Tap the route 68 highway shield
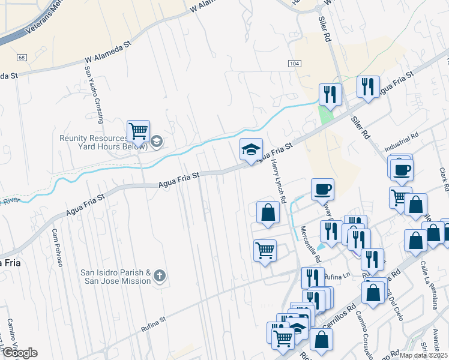(22, 58)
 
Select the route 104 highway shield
(294, 64)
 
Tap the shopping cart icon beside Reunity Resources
(138, 130)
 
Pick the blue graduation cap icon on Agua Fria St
(252, 149)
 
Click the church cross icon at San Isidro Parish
(158, 277)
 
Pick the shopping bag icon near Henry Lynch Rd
(268, 212)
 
